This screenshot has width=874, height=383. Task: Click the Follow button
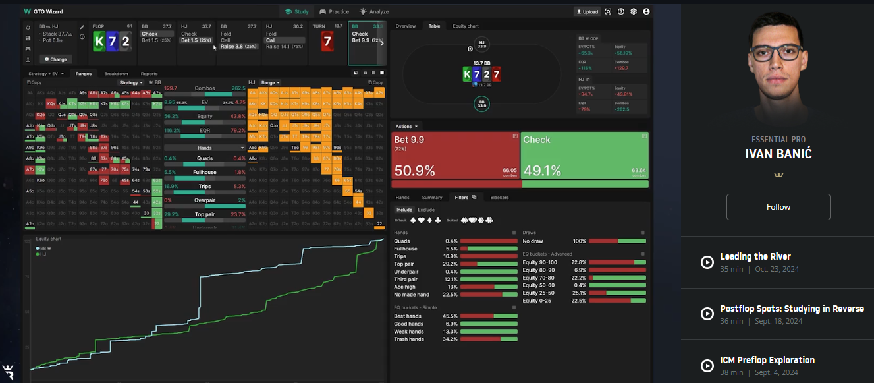point(778,207)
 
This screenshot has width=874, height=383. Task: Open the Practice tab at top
point(335,11)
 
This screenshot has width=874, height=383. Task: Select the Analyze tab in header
point(374,11)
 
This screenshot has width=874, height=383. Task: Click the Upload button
point(587,11)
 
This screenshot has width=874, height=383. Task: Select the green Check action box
point(584,156)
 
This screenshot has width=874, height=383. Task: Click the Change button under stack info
point(55,59)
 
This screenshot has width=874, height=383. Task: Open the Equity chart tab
point(464,26)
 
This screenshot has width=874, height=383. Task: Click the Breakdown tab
point(116,74)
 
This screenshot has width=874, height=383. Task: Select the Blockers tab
point(499,197)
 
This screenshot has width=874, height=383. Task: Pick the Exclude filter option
point(426,210)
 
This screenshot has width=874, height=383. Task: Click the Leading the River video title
point(755,256)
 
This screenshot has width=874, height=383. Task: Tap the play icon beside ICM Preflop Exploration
point(707,366)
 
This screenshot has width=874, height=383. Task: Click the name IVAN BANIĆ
point(778,154)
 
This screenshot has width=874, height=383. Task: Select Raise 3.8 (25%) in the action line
point(238,47)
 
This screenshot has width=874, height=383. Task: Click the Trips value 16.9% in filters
point(451,256)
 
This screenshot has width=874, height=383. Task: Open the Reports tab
point(149,74)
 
